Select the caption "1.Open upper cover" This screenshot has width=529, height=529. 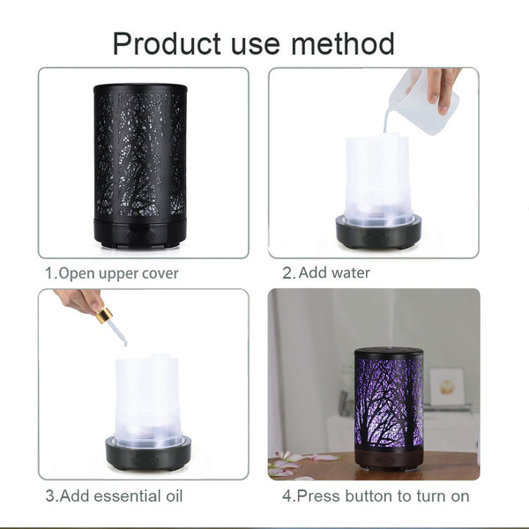(112, 273)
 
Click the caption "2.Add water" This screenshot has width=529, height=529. (326, 273)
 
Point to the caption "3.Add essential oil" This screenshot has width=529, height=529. (115, 496)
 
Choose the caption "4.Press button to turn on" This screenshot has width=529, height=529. (376, 496)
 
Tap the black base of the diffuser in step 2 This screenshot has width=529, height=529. (378, 232)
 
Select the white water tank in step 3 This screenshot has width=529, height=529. (146, 397)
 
